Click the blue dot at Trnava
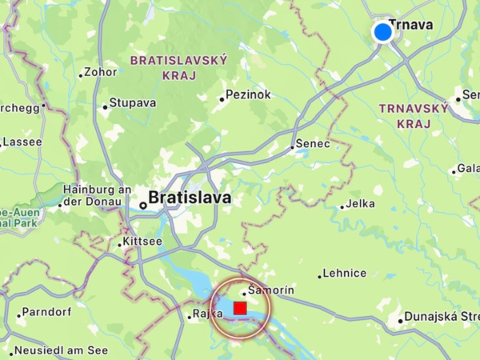(x=383, y=32)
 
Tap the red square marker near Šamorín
(x=240, y=308)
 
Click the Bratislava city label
(x=190, y=197)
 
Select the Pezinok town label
(x=249, y=95)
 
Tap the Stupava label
(x=133, y=103)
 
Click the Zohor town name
(x=101, y=71)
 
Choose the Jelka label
(x=360, y=204)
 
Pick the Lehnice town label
(x=345, y=273)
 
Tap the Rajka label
(x=207, y=314)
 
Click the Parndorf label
(x=47, y=311)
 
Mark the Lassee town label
(x=22, y=142)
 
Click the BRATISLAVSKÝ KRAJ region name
(x=179, y=67)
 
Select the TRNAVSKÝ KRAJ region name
(x=414, y=115)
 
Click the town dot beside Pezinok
(x=222, y=99)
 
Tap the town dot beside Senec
(x=292, y=147)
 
